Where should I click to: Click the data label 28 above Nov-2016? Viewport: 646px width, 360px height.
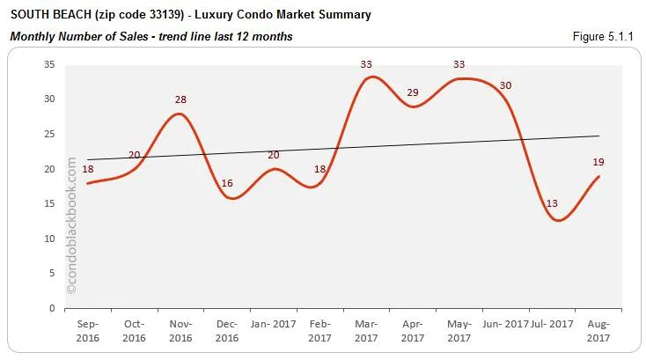click(181, 99)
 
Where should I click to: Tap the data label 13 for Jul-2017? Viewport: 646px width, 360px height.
click(552, 203)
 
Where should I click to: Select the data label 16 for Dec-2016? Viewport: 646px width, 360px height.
click(227, 183)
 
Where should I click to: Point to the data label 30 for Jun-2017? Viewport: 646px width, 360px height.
click(505, 85)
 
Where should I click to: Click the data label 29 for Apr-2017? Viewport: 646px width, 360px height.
click(412, 92)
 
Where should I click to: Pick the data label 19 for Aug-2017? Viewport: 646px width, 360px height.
click(598, 162)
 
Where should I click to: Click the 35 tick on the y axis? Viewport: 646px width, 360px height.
click(50, 64)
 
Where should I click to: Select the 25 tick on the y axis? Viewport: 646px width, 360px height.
click(50, 134)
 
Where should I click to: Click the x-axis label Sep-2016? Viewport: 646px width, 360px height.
click(88, 330)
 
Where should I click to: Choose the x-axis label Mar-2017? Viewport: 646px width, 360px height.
click(367, 330)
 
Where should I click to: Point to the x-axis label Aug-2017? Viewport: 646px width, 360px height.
click(598, 330)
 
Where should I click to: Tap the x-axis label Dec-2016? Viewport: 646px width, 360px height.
click(227, 330)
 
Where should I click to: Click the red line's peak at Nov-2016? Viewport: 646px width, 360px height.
click(180, 114)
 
